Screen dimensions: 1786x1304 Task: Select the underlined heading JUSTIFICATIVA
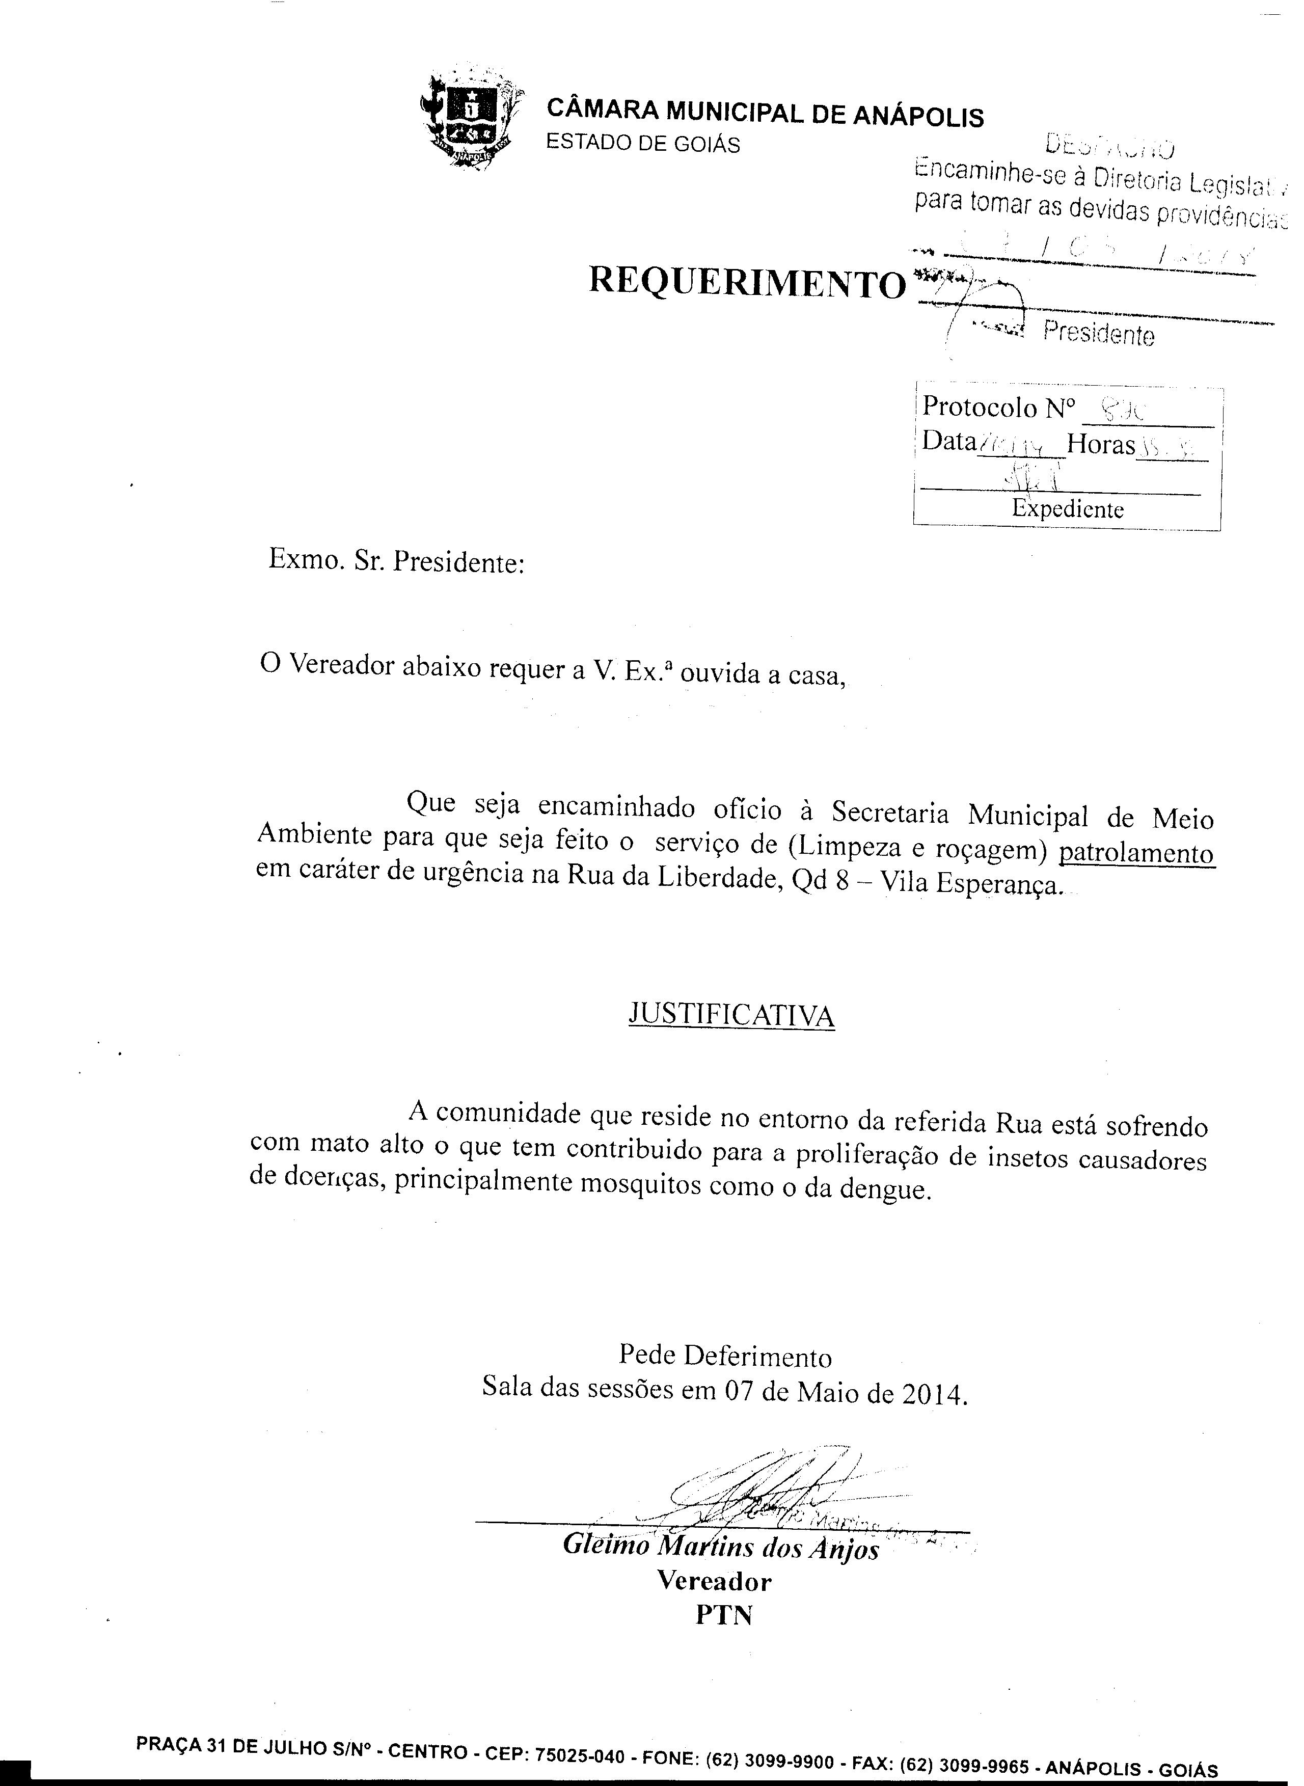tap(731, 1015)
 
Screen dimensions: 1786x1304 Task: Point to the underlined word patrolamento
tap(1136, 854)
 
